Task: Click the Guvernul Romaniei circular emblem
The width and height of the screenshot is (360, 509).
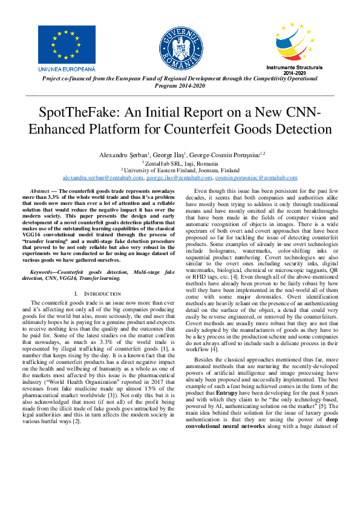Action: coord(180,47)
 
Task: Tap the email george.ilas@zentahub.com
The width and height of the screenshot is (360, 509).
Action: coord(179,178)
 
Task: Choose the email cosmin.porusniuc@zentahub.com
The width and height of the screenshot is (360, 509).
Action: coord(257,178)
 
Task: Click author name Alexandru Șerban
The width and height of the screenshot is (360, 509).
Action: coord(123,155)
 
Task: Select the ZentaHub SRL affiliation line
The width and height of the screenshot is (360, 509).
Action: coord(180,163)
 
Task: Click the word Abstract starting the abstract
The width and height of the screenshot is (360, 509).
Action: coord(40,190)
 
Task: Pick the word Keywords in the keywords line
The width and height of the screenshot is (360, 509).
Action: coord(45,290)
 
